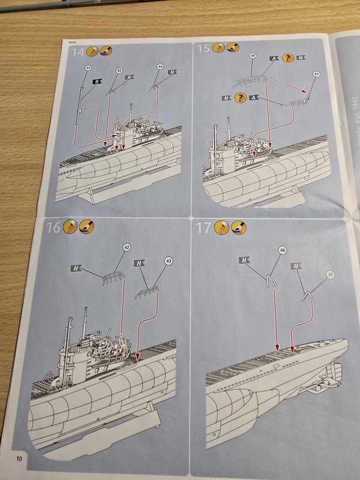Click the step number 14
coord(76,53)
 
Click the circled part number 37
coord(88,68)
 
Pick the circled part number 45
coord(119,70)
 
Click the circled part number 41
coord(317,74)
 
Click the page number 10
coord(21,459)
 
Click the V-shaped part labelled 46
coord(271,279)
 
